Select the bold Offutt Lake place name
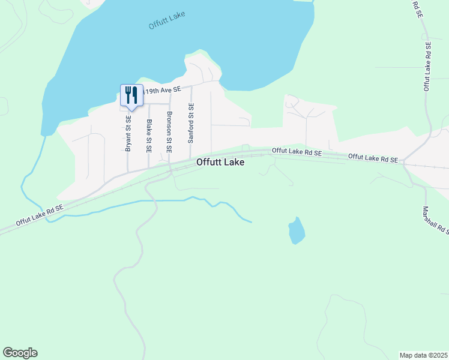point(220,162)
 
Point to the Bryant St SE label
point(128,133)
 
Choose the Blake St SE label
point(149,135)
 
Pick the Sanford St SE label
point(191,123)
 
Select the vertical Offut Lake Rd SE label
point(427,66)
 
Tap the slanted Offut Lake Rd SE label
point(40,215)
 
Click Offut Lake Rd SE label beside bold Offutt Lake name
point(297,152)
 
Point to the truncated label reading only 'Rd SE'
point(417,9)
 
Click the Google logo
point(20,353)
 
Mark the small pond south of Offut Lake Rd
point(297,230)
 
